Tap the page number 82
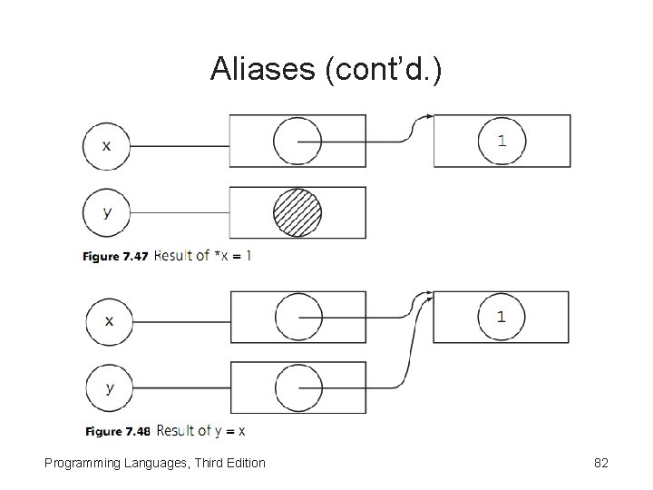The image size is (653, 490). (600, 463)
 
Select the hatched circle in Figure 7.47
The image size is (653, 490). (297, 212)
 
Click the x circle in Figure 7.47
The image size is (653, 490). (107, 145)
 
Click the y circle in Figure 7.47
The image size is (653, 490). (107, 213)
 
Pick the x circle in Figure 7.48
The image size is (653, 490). (109, 320)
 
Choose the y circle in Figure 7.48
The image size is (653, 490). (109, 388)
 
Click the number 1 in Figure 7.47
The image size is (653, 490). (502, 141)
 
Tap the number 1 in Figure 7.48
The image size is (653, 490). (502, 317)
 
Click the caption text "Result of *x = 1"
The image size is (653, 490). (204, 256)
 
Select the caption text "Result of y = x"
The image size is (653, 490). (201, 430)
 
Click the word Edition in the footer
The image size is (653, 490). (242, 463)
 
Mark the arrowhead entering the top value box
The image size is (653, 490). (429, 117)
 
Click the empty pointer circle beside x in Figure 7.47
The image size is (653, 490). (297, 142)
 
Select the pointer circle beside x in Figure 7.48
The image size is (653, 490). (298, 318)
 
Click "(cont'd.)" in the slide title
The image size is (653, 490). (380, 69)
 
